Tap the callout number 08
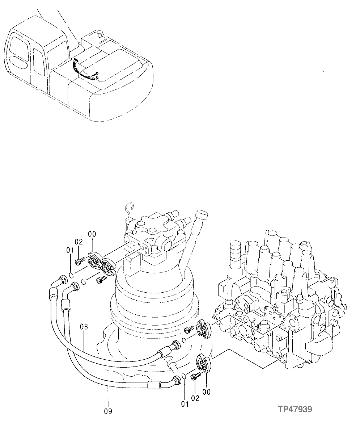point(84,327)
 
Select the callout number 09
point(108,411)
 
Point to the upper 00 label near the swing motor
point(91,235)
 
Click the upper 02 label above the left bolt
point(79,242)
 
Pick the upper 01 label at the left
point(70,250)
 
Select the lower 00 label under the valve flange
point(206,392)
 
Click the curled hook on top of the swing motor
point(128,208)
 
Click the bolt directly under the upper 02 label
point(79,261)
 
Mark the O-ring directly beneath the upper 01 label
point(71,273)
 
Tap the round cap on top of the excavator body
point(100,34)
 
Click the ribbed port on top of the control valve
point(235,253)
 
